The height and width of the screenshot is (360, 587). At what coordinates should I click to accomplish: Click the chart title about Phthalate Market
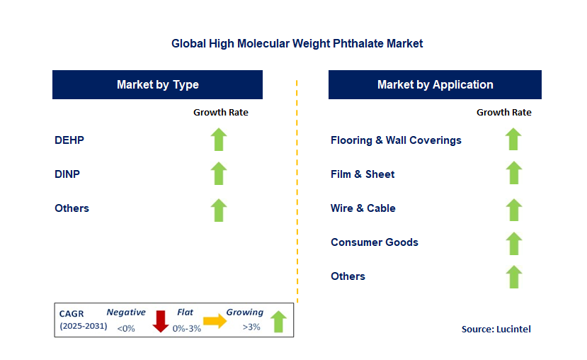pos(297,43)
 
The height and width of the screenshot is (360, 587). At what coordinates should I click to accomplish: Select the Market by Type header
pos(157,84)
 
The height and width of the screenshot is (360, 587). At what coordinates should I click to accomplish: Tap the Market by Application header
pos(435,84)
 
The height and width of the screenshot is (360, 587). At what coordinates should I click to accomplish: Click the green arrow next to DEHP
pos(219,140)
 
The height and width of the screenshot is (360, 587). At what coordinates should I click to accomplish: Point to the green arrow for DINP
pos(219,174)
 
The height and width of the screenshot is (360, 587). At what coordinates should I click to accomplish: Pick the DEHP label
pos(69,140)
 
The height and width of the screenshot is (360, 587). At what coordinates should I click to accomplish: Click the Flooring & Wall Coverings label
pos(396,140)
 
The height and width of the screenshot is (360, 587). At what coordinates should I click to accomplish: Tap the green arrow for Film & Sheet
pos(513,174)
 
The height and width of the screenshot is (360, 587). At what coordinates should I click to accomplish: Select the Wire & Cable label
pos(363,208)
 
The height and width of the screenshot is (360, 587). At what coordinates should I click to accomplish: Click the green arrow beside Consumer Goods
pos(513,242)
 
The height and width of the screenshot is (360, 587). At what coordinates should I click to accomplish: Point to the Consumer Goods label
pos(374,242)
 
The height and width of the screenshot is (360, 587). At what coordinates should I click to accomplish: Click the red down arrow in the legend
pos(161,321)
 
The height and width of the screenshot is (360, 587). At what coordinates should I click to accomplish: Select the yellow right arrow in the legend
pos(214,321)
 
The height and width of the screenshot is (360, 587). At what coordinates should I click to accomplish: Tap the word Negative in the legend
pos(126,313)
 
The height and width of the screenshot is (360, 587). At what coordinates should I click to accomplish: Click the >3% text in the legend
pos(251,327)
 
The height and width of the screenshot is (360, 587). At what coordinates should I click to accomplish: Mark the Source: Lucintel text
pos(496,329)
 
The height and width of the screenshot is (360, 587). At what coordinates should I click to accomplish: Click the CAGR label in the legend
pos(72,313)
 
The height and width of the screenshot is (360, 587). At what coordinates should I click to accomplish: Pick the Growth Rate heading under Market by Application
pos(503,112)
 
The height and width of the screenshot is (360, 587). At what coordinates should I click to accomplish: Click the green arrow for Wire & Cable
pos(513,208)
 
